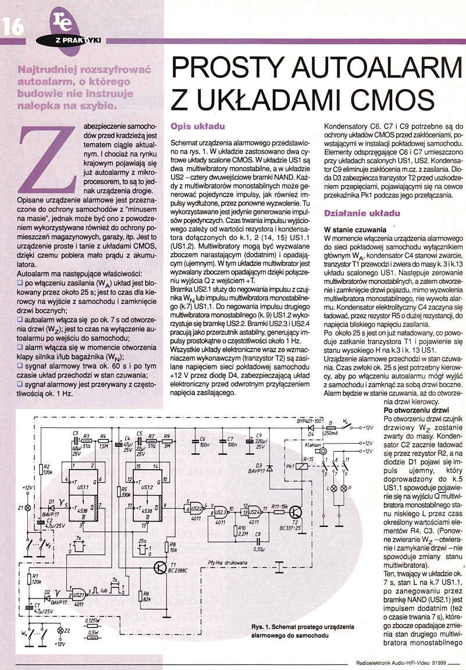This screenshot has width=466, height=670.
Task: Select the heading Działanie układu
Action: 361,214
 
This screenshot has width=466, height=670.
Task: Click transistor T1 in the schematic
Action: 162,569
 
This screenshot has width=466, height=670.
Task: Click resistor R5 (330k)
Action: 118,491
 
